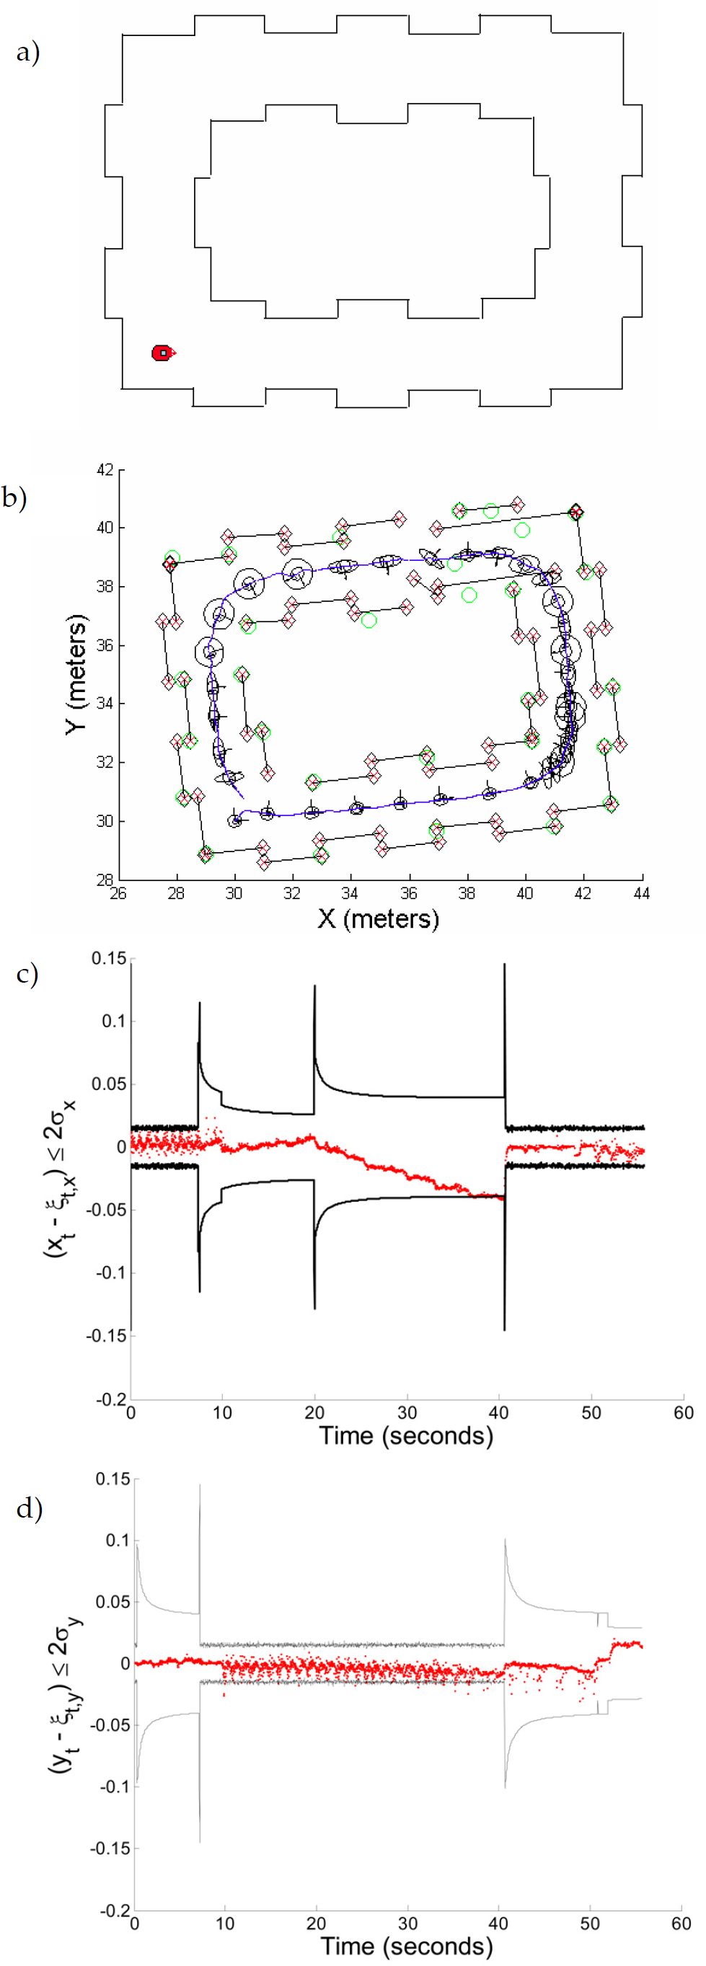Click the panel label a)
click(x=28, y=52)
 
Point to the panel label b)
click(x=15, y=497)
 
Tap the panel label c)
click(x=27, y=974)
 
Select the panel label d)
click(x=28, y=1508)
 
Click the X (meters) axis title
click(x=378, y=918)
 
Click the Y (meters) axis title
click(x=76, y=674)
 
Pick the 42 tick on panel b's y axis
click(x=105, y=470)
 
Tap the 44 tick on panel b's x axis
click(x=642, y=893)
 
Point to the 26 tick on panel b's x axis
click(x=118, y=893)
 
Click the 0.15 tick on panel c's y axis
click(x=108, y=959)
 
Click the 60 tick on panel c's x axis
click(x=683, y=1413)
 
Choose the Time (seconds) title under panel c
click(x=406, y=1435)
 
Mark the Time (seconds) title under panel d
click(x=406, y=1945)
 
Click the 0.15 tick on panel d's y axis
click(x=112, y=1479)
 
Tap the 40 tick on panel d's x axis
click(x=498, y=1923)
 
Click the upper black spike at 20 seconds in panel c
click(x=314, y=987)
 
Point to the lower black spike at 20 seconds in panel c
click(x=314, y=1307)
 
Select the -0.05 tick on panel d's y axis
click(x=110, y=1724)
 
